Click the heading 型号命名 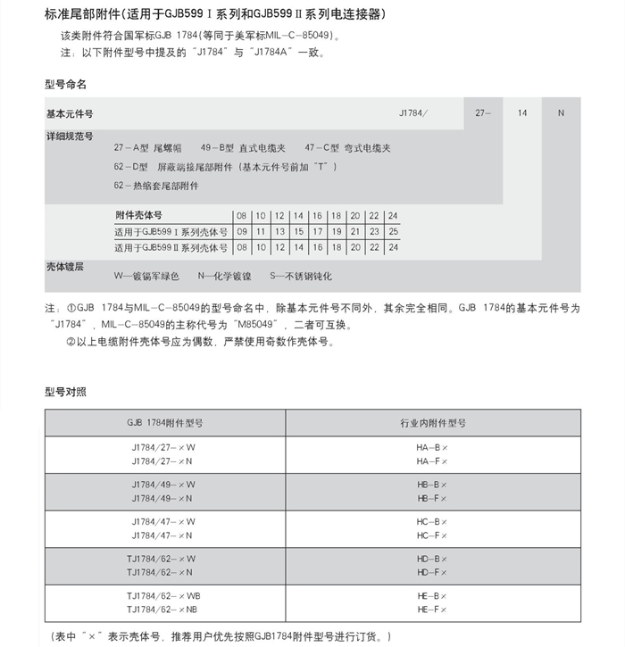[66, 84]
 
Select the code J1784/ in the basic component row [413, 113]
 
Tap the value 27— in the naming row [483, 113]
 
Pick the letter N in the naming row [560, 113]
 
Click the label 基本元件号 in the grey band [70, 114]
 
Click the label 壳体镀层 [65, 266]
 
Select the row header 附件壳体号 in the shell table [139, 215]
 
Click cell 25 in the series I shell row [393, 231]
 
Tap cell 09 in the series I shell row [242, 231]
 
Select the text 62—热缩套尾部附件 [156, 186]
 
